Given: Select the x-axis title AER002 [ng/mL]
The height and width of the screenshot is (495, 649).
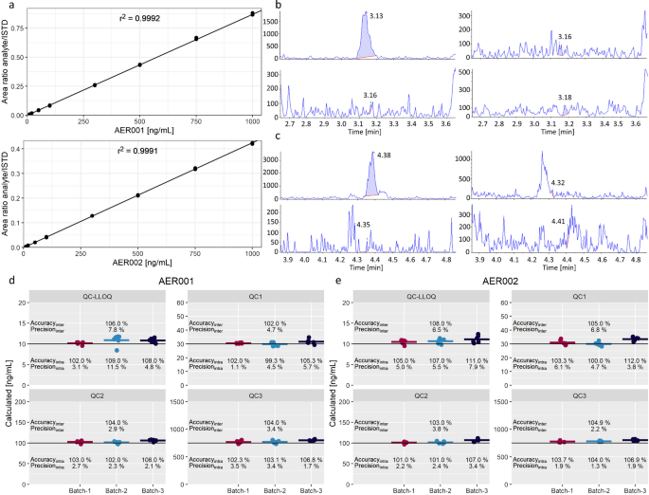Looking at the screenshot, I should point(139,263).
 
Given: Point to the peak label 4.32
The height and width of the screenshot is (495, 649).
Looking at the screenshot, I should point(557,182).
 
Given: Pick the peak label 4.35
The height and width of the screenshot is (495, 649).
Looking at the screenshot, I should point(364,225).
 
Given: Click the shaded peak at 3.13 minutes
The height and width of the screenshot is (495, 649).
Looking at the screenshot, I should point(367,43).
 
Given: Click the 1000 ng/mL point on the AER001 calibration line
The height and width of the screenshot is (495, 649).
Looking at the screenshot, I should point(252,13).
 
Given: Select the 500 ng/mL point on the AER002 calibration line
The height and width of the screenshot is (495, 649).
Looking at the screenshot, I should point(139,195).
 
